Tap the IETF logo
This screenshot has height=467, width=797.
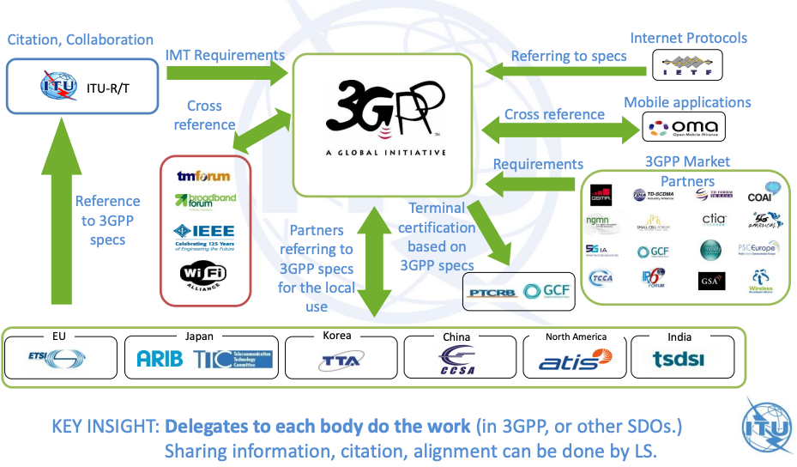click(686, 64)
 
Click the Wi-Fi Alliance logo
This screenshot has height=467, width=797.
click(203, 276)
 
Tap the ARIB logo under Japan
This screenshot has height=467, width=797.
click(160, 359)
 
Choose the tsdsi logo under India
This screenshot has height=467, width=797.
click(680, 360)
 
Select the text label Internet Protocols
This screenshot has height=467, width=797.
click(688, 38)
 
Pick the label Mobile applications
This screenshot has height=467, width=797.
click(687, 102)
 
